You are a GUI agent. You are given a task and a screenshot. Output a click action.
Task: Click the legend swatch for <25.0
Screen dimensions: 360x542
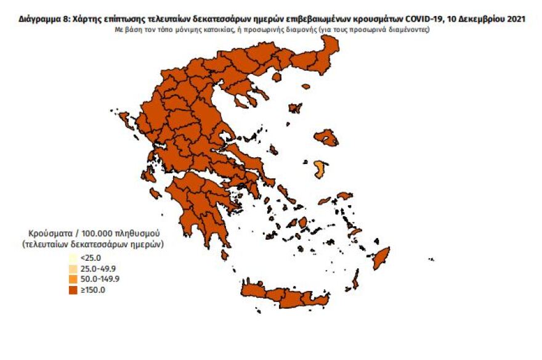[74, 258]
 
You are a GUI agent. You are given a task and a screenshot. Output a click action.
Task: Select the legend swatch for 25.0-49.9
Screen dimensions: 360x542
[74, 268]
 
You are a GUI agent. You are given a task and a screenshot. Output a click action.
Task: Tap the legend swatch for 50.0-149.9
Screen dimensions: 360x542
[74, 279]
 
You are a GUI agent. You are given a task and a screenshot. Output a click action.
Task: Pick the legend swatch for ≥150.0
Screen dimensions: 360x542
[74, 290]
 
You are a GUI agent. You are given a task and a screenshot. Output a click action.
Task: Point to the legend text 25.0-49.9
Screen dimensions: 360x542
[99, 268]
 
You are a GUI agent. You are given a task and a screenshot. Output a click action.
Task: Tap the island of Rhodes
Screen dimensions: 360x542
[381, 257]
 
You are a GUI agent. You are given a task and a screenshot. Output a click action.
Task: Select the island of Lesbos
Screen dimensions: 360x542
[326, 137]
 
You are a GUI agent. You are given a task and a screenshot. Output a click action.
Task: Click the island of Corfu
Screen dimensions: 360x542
[124, 117]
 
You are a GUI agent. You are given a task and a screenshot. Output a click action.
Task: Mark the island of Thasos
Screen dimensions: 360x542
[277, 78]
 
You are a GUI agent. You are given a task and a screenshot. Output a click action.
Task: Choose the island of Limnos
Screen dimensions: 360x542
[295, 108]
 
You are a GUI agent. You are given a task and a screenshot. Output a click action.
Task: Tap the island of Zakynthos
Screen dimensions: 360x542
[155, 194]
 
